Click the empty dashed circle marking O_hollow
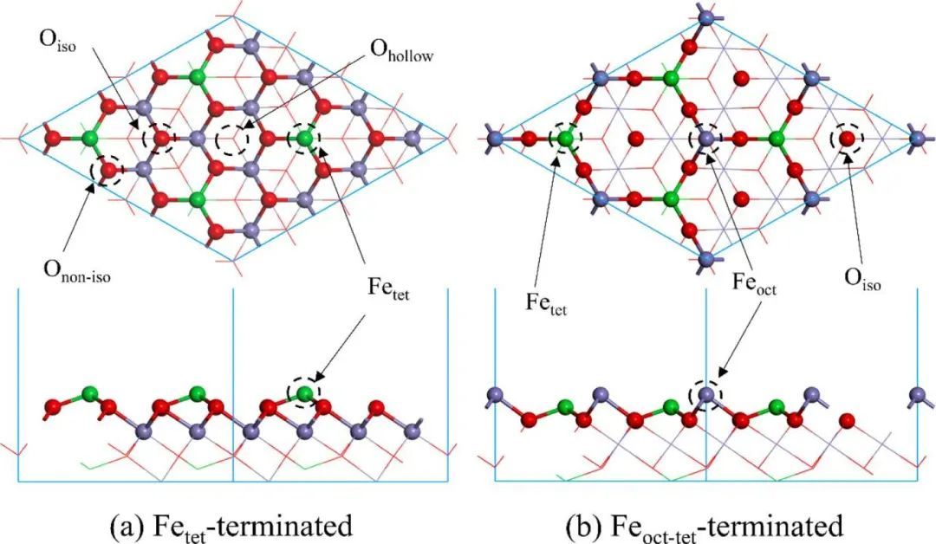click(x=232, y=138)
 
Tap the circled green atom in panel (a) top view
click(x=304, y=139)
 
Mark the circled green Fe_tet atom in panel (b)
click(x=566, y=138)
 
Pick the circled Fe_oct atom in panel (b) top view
click(x=705, y=138)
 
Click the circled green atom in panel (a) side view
click(x=304, y=394)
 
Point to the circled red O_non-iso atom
click(x=108, y=170)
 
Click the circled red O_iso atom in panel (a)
click(x=162, y=139)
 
